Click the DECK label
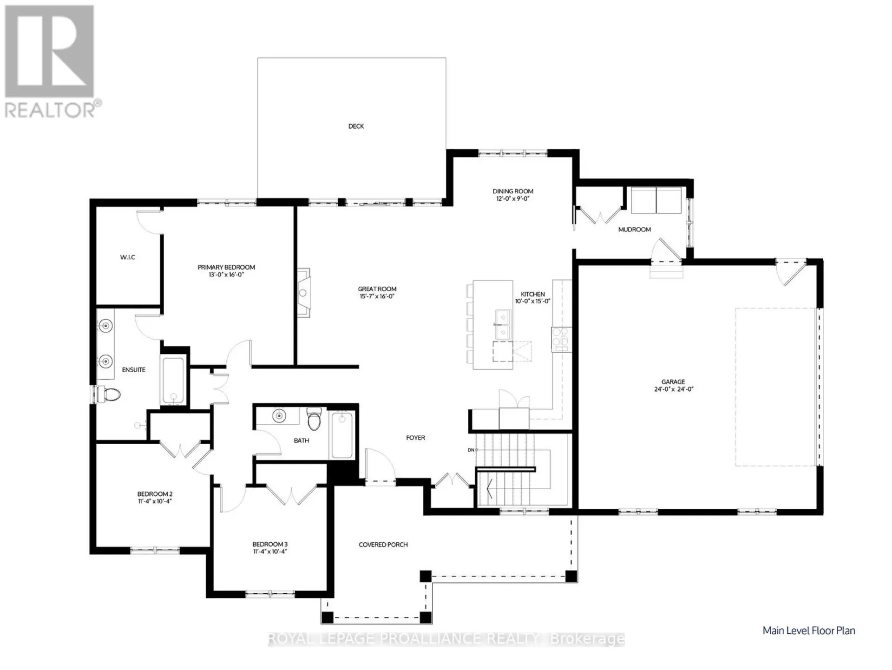(x=356, y=126)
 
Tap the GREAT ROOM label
(x=377, y=289)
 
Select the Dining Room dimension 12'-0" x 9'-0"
(x=513, y=198)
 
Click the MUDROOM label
(x=634, y=230)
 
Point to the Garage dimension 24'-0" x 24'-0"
(x=673, y=389)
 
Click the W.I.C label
(x=127, y=257)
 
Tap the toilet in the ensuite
(x=108, y=395)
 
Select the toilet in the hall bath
(x=315, y=419)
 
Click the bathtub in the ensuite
(x=173, y=381)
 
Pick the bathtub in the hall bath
(x=342, y=435)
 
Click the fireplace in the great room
(x=304, y=293)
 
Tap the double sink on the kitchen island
(x=502, y=324)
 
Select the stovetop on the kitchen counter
(x=561, y=339)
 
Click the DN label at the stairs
(x=471, y=450)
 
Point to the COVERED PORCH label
(x=383, y=545)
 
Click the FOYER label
(x=415, y=438)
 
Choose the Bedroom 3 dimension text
(x=270, y=552)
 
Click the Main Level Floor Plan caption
(x=809, y=631)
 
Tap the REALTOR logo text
(x=50, y=110)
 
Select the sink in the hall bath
(x=279, y=416)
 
